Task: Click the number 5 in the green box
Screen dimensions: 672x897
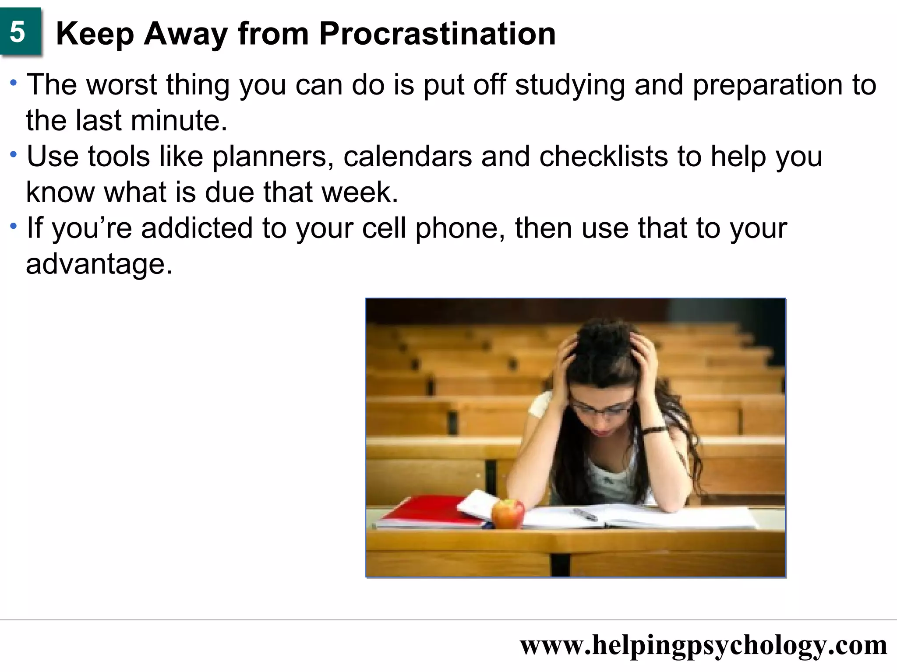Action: coord(18,32)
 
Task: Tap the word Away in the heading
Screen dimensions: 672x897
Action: coord(186,34)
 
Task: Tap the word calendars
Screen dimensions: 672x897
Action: coord(408,156)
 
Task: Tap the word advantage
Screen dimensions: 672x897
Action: coord(99,265)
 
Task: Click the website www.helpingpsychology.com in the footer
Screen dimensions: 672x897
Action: coord(703,645)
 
